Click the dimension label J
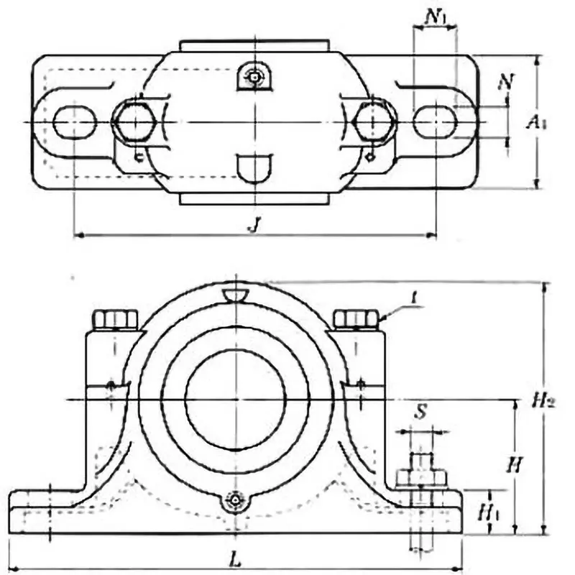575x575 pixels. tap(252, 224)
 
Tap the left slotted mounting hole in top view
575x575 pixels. tap(75, 122)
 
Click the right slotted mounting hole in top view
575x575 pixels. tap(435, 122)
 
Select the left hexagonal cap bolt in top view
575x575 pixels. tap(133, 121)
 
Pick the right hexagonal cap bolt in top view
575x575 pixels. tap(374, 121)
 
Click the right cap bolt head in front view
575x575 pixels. tap(356, 318)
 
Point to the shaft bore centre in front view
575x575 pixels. tap(235, 399)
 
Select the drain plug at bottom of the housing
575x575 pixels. tap(235, 501)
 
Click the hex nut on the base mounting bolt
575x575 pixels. tap(421, 477)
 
